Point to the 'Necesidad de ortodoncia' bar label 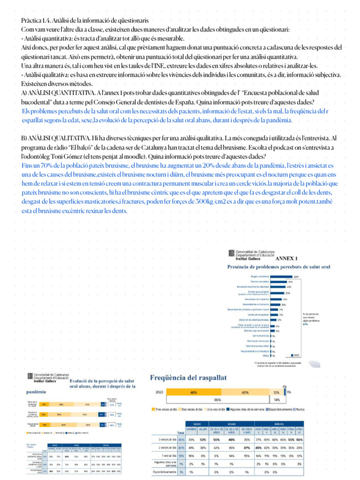(255, 304)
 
